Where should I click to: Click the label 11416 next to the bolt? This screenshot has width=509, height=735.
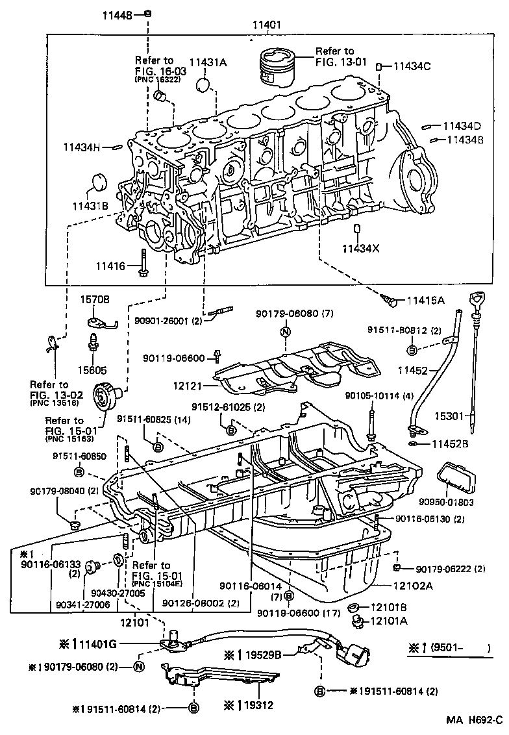click(112, 266)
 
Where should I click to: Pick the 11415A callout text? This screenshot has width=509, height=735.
click(426, 300)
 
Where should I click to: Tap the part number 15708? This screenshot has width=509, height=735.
click(95, 299)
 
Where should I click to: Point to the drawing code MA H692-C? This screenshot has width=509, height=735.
click(474, 720)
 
